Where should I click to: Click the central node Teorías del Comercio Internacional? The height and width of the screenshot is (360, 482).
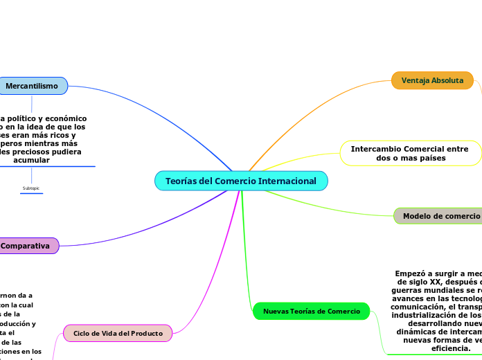[241, 181]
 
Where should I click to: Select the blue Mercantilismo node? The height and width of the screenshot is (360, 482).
[32, 86]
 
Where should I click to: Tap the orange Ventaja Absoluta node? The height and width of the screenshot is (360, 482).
[432, 80]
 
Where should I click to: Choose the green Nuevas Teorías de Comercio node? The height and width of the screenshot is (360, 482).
[312, 312]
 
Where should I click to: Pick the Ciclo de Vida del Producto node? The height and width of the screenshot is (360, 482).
[118, 333]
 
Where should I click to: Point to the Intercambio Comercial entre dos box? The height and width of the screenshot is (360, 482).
[410, 153]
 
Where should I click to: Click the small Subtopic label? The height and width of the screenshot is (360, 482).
[31, 188]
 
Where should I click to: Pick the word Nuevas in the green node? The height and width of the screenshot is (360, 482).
[276, 312]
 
